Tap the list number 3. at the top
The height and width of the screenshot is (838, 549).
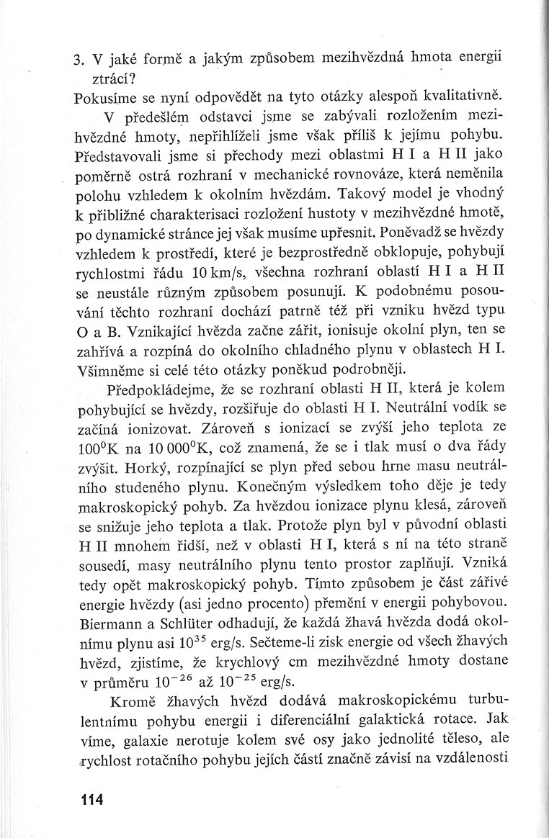[x=80, y=58]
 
